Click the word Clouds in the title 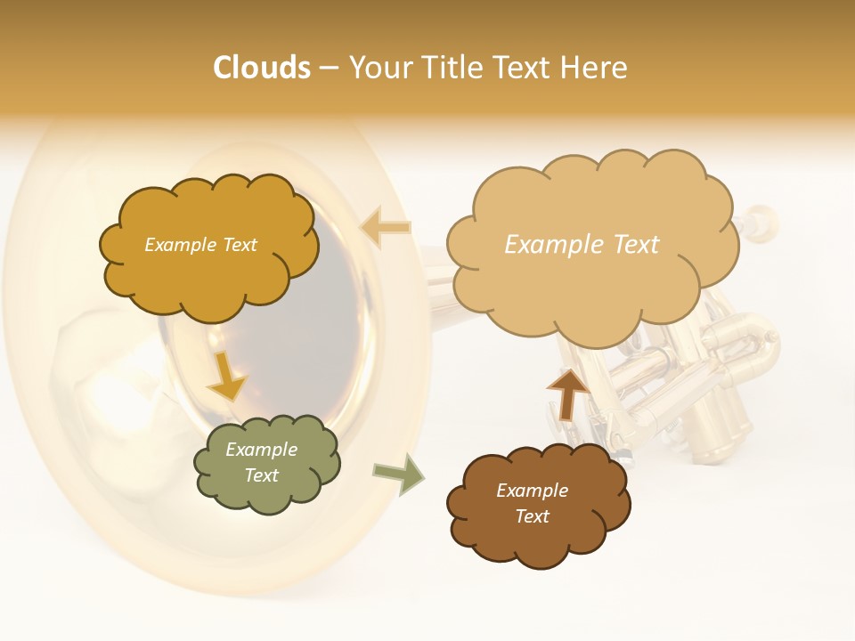262,68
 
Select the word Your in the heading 380,68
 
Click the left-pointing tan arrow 385,228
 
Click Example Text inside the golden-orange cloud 200,245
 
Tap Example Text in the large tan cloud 582,245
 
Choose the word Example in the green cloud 262,450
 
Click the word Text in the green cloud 262,475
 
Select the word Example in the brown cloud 532,491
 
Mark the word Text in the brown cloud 532,516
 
